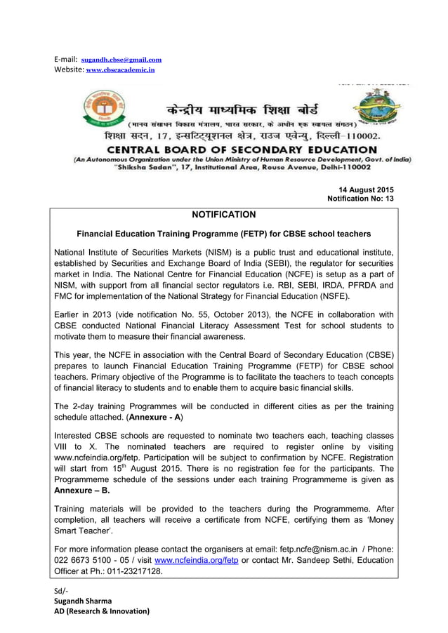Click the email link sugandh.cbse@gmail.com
click(x=121, y=60)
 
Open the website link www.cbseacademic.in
click(x=120, y=70)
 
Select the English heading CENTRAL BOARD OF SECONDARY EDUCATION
click(x=242, y=149)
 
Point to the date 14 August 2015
click(x=366, y=190)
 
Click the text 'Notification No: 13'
click(x=361, y=199)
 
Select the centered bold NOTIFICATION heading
click(x=224, y=215)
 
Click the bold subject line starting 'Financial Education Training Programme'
click(x=223, y=234)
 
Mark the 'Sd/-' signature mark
click(x=61, y=590)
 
